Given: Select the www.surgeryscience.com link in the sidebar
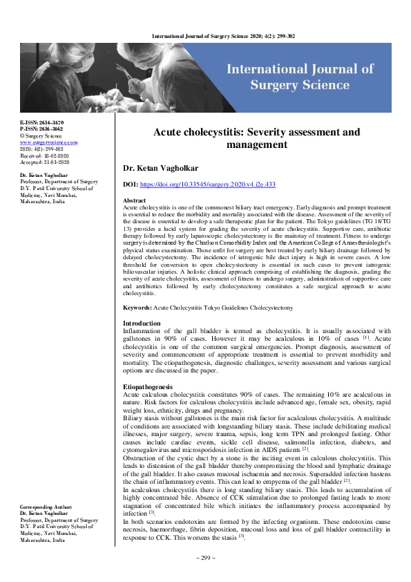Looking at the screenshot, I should [48, 142].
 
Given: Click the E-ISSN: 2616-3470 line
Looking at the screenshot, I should [43, 122].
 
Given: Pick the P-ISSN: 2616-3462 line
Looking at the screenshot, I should [43, 129].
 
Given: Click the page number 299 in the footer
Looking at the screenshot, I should [206, 576].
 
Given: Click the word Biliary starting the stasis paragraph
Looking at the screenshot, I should [135, 419].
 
